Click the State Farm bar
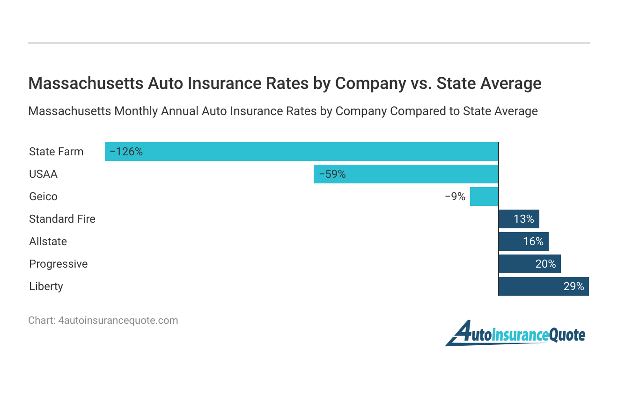click(302, 152)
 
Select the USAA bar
click(406, 174)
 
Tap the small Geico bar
click(484, 196)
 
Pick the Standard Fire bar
click(519, 219)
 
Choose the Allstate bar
click(523, 241)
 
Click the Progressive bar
click(530, 264)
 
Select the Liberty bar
click(544, 286)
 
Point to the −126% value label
click(126, 152)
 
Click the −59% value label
click(332, 174)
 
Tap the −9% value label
click(455, 196)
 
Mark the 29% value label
click(574, 286)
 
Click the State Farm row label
click(56, 152)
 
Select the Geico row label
click(43, 196)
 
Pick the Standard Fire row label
click(62, 219)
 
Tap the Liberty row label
click(46, 286)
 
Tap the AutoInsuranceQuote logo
click(515, 334)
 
